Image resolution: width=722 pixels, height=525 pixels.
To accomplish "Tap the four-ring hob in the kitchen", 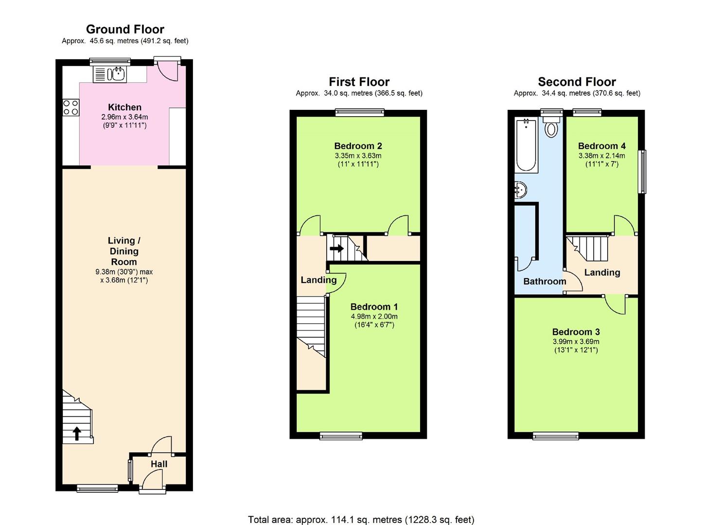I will tap(70, 107).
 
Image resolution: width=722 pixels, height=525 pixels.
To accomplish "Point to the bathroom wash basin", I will tap(520, 190).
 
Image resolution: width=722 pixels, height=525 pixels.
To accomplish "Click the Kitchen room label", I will tap(124, 107).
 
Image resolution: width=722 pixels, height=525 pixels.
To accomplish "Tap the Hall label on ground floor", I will tap(158, 464).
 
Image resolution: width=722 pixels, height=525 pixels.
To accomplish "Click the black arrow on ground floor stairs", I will tap(77, 433).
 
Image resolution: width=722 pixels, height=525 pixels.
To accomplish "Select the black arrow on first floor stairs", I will tap(336, 248).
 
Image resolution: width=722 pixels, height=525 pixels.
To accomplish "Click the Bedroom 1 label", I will tap(374, 306).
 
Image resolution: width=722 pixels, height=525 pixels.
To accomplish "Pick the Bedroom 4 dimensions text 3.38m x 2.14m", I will tap(601, 156).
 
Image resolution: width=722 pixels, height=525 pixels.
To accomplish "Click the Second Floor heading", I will tap(577, 82).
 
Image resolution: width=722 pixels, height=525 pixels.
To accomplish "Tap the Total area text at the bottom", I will tap(361, 520).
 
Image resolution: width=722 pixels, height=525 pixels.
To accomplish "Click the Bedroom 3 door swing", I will tap(615, 305).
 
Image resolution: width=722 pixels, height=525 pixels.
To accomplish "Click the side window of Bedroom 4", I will tap(643, 172).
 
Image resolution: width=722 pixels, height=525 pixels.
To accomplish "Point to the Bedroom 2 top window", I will tap(360, 113).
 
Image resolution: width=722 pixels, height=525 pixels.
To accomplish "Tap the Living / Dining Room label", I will tap(124, 251).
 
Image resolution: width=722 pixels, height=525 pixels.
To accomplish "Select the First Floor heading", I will tap(359, 82).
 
